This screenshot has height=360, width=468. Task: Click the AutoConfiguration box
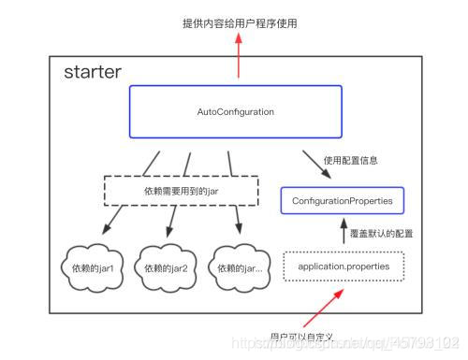point(235,112)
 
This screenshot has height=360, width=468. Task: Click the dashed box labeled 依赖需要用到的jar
point(180,191)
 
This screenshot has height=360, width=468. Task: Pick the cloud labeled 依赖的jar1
point(97,267)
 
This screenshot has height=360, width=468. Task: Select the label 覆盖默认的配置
point(379,233)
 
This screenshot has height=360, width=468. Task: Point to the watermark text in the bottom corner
point(374,346)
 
